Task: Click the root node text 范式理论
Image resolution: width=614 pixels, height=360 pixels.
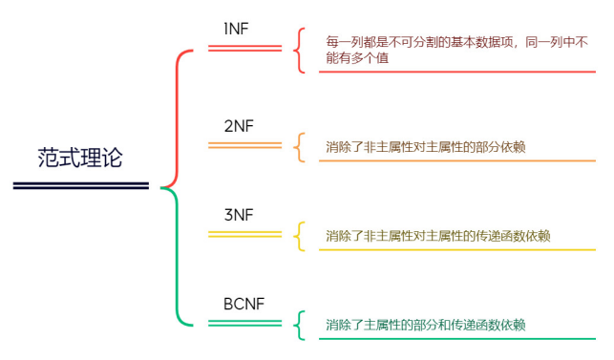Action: coord(81,158)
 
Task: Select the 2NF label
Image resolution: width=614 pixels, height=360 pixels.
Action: coord(239,127)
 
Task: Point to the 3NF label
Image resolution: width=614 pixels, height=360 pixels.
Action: coord(239,215)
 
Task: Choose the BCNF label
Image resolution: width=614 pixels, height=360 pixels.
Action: coord(243,305)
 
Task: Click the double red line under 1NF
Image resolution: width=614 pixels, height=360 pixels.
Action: coord(244,48)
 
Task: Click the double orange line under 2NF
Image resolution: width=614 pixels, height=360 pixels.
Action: coord(244,145)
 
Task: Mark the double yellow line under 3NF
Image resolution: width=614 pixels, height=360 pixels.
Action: coord(244,234)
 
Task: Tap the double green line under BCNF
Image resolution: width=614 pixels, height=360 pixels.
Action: coord(244,324)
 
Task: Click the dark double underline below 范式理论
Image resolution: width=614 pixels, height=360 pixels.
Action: coord(81,185)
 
